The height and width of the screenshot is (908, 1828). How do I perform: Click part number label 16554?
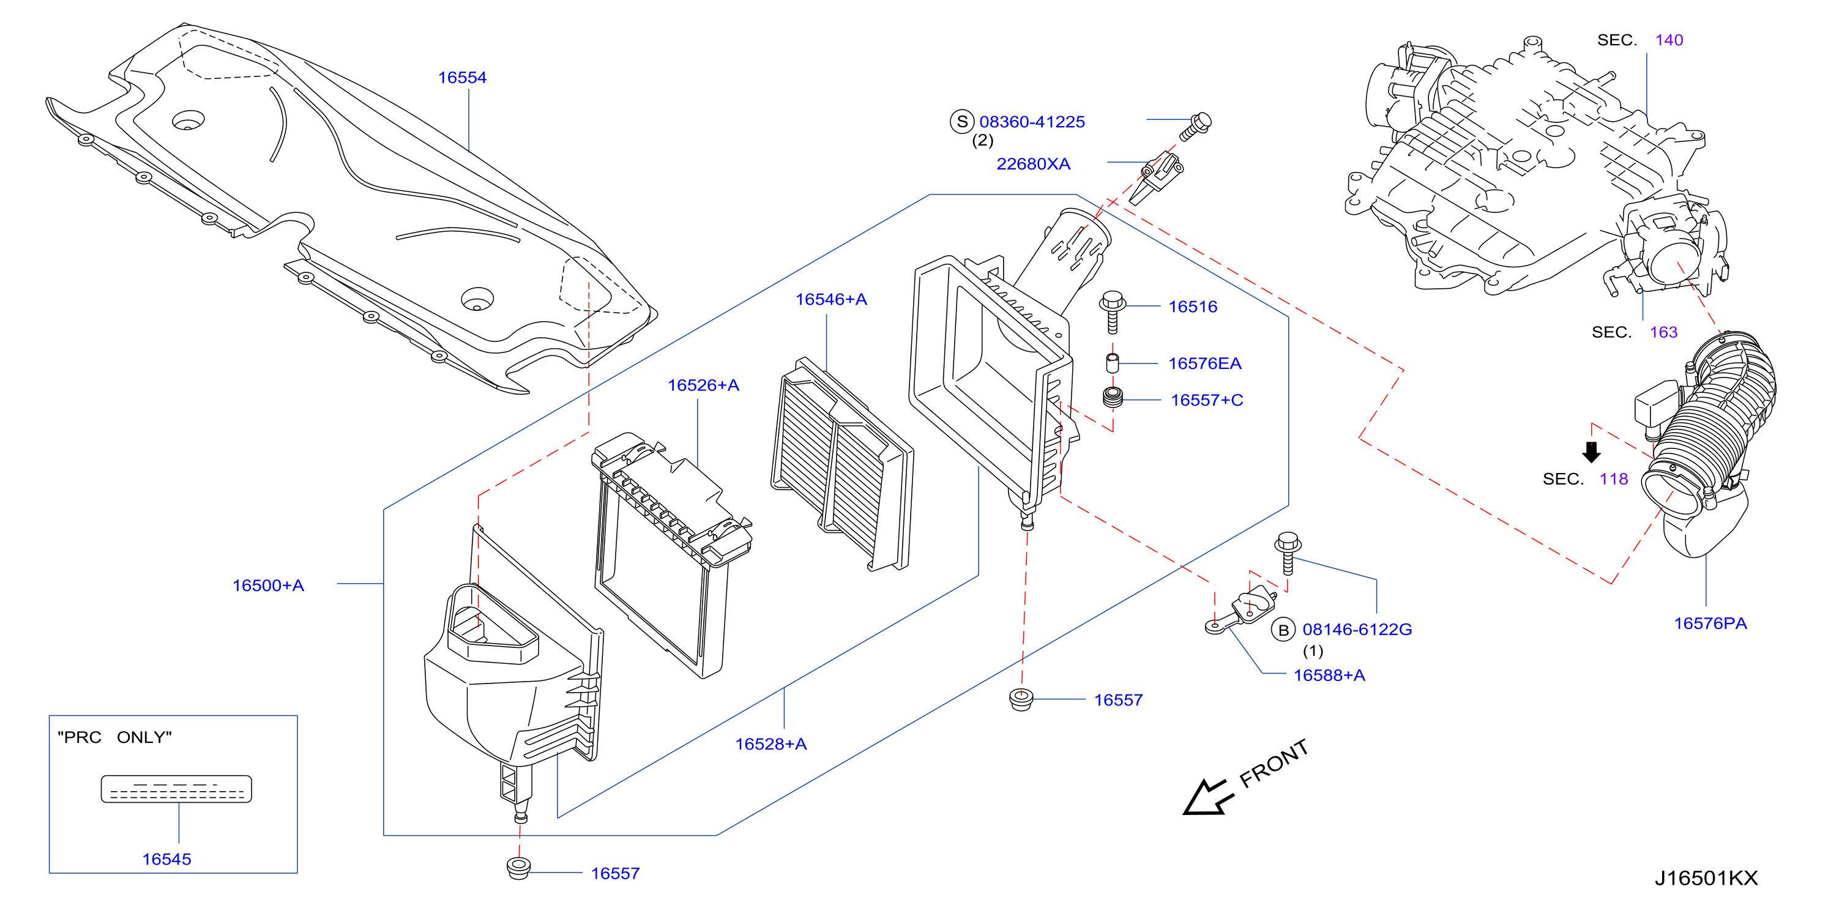coord(462,77)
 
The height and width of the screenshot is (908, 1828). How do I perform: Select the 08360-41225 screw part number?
coord(1032,122)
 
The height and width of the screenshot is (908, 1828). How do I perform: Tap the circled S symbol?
coord(961,121)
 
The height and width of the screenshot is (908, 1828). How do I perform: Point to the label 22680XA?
coord(1033,164)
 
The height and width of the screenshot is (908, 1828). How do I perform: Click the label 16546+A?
coord(831,299)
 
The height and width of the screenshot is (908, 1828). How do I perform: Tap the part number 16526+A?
coord(703,385)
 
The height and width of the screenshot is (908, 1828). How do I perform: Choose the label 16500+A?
coord(268,585)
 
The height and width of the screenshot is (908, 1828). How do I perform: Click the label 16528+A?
coord(770,744)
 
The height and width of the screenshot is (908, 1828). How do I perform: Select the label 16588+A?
coord(1329,675)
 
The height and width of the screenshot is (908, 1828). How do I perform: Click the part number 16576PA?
coord(1710,623)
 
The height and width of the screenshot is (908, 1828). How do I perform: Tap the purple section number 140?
coord(1669,40)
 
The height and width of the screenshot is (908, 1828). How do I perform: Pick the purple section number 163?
coord(1663,332)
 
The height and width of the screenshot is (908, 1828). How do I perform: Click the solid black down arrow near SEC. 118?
coord(1591,452)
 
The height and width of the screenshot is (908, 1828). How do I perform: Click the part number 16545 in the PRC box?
coord(166,859)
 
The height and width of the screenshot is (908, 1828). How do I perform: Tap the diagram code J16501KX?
coord(1706,878)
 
